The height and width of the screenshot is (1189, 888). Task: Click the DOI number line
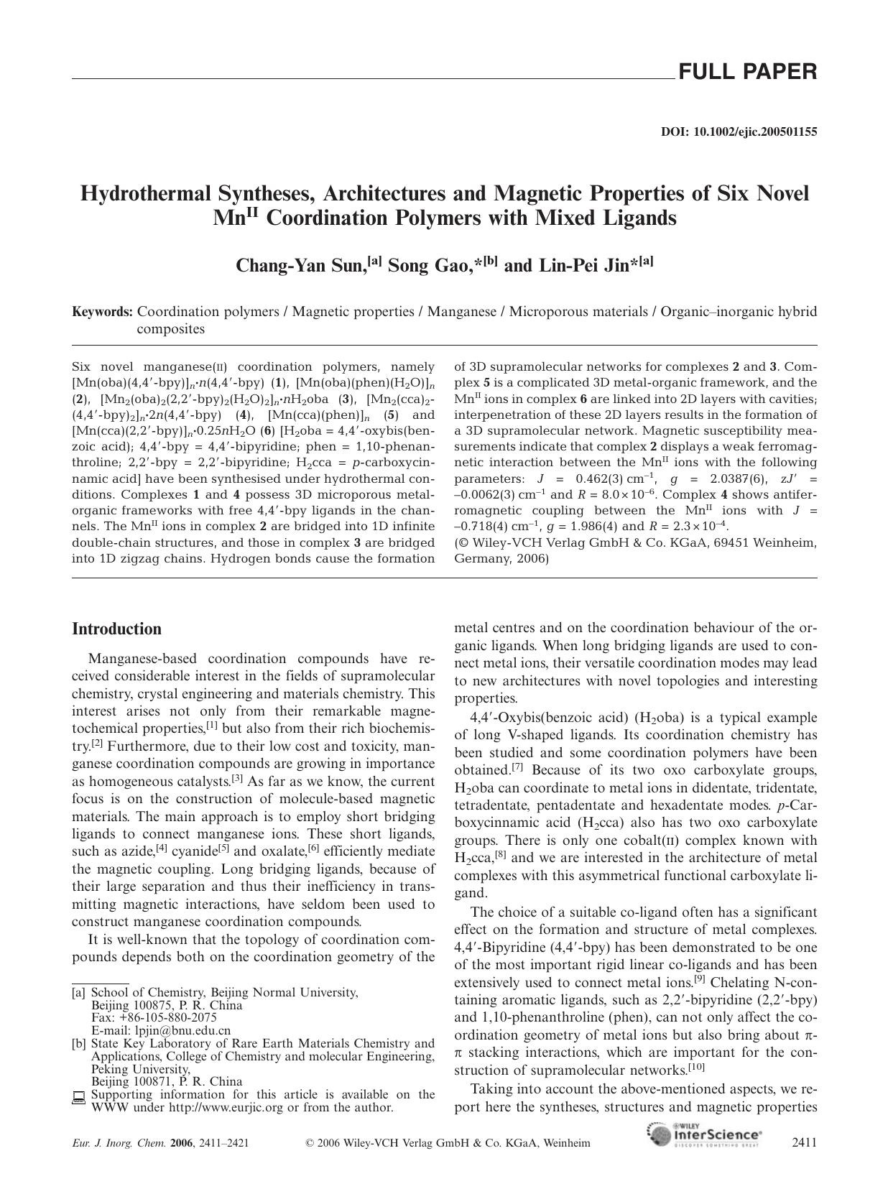(x=739, y=132)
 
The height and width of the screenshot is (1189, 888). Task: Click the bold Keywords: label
(x=103, y=312)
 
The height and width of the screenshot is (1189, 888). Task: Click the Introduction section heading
(x=116, y=629)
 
